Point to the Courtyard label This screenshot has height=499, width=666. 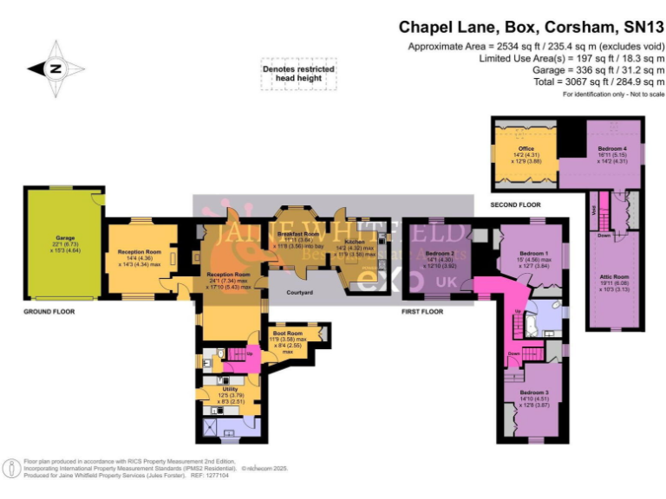tap(299, 293)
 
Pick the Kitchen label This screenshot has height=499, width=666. tap(356, 242)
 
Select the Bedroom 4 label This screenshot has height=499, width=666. tap(612, 149)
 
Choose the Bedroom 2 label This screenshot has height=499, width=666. tap(438, 252)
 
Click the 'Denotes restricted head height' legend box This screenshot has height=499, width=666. tap(298, 73)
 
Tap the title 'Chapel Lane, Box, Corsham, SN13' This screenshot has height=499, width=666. tap(531, 27)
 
